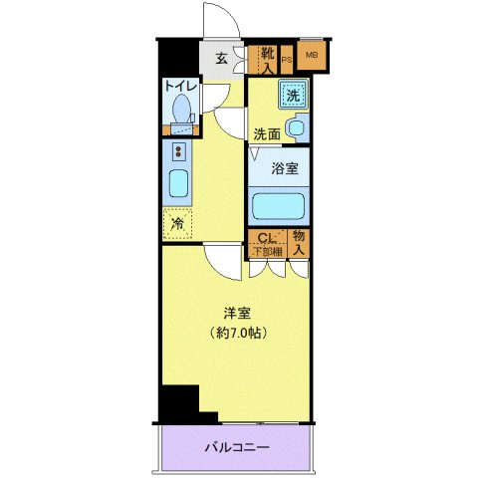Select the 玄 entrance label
pyautogui.click(x=221, y=58)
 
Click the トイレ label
pyautogui.click(x=179, y=88)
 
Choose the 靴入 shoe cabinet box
pyautogui.click(x=266, y=60)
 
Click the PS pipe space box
pyautogui.click(x=287, y=60)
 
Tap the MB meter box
pyautogui.click(x=311, y=56)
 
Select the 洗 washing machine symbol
pyautogui.click(x=293, y=96)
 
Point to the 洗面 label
pyautogui.click(x=265, y=132)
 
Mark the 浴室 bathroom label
pyautogui.click(x=285, y=169)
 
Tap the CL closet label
pyautogui.click(x=265, y=238)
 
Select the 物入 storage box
pyautogui.click(x=299, y=242)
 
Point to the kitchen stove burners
pyautogui.click(x=179, y=152)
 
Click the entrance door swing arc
pyautogui.click(x=216, y=20)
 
